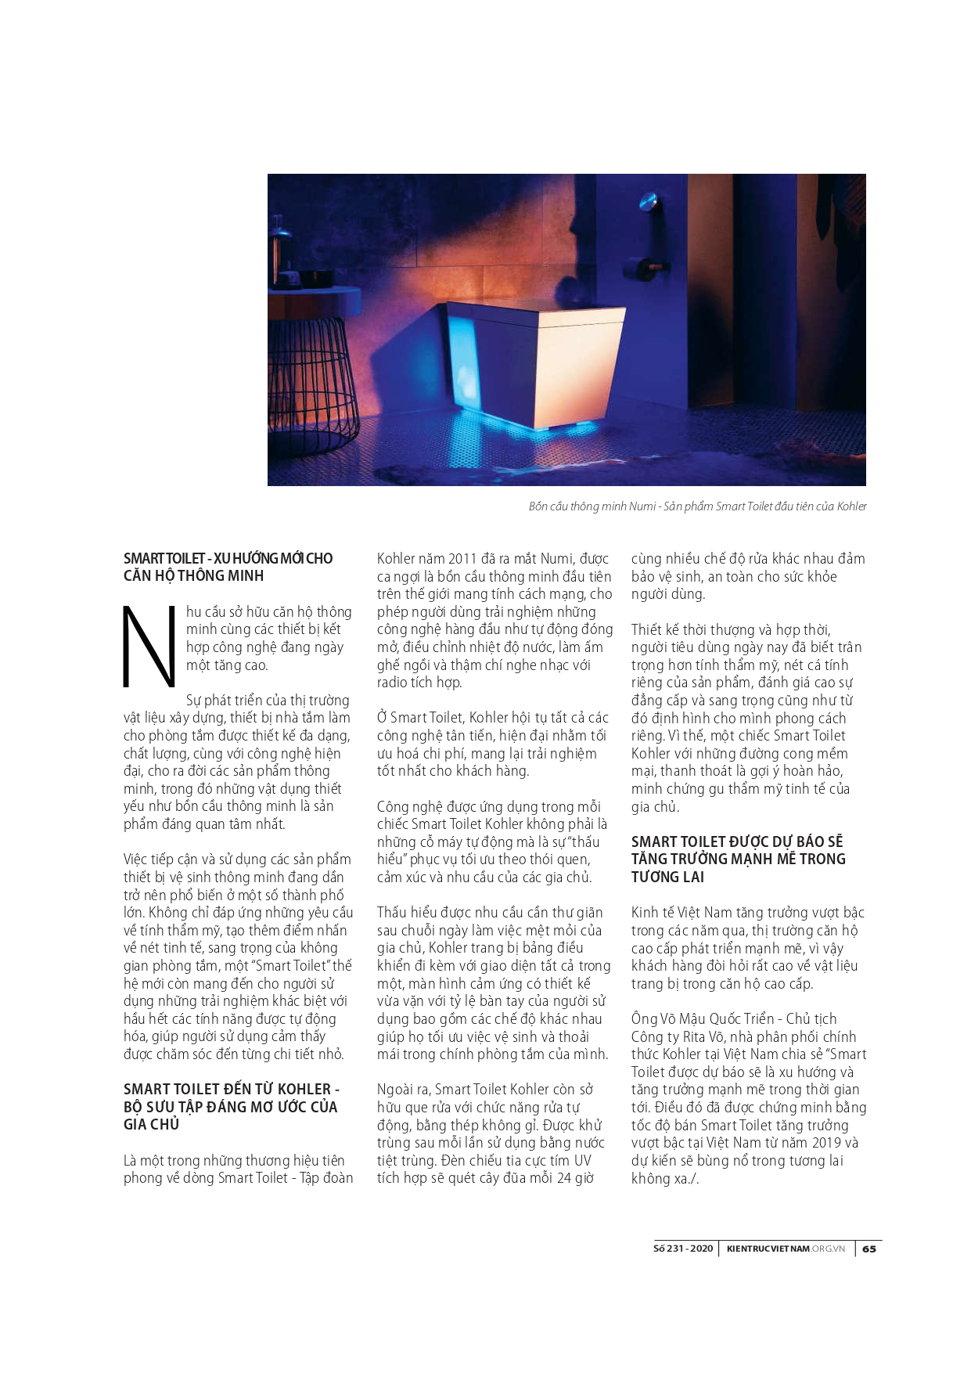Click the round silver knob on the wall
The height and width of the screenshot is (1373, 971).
pos(647,205)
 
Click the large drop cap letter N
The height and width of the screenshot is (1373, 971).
pos(149,647)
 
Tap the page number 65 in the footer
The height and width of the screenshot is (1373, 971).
pos(869,1249)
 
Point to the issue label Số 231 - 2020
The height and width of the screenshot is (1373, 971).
pos(683,1249)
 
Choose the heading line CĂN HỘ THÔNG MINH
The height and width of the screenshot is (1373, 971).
pos(193,576)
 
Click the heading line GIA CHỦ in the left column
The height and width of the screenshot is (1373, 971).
pos(151,1125)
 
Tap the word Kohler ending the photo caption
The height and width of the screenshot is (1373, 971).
pos(851,506)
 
